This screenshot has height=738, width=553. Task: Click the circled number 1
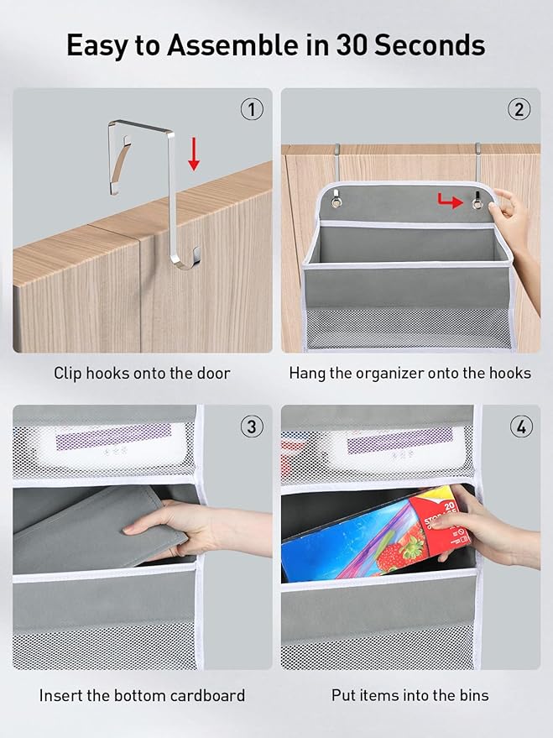point(252,110)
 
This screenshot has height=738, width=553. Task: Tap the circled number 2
point(519,110)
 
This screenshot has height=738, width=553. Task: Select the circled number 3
point(252,427)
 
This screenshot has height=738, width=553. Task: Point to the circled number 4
point(521,427)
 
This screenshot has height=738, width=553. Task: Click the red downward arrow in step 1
point(194,154)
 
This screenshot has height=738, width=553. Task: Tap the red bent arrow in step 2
point(450,201)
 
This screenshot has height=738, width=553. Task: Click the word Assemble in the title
point(232,45)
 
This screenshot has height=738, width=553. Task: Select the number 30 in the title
point(352,45)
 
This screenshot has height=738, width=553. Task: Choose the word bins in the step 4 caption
point(474,695)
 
